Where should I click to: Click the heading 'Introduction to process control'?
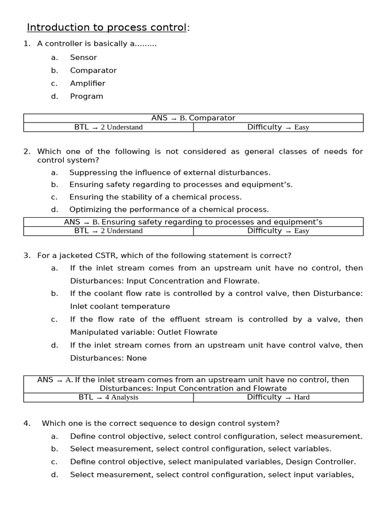click(106, 27)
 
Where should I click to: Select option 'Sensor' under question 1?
click(83, 57)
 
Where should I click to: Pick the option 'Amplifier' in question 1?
click(87, 83)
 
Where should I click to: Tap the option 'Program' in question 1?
click(86, 96)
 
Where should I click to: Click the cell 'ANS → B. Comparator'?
click(193, 118)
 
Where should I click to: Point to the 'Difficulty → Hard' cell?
click(278, 397)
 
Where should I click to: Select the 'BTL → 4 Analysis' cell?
click(108, 397)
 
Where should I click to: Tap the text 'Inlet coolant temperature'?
click(120, 306)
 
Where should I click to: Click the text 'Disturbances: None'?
click(108, 358)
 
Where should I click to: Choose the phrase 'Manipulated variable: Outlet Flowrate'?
click(144, 332)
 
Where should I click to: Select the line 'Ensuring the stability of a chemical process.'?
click(155, 197)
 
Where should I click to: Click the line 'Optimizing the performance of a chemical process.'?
click(169, 210)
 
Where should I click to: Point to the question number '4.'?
click(27, 423)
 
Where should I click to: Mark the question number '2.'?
click(27, 152)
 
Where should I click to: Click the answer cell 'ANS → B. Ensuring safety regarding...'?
click(193, 222)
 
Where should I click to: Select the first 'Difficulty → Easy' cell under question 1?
click(278, 127)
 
